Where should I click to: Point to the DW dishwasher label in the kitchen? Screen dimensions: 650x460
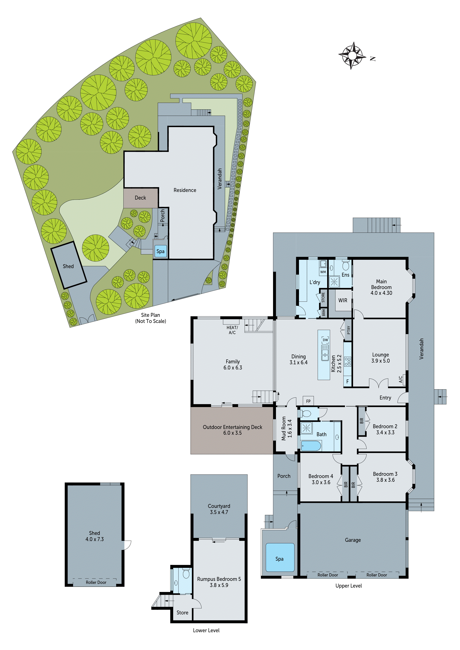tap(325, 340)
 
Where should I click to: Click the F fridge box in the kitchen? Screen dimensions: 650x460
tap(347, 381)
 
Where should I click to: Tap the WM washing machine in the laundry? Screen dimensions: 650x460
tap(323, 272)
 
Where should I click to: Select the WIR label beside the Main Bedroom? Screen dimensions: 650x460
tap(343, 300)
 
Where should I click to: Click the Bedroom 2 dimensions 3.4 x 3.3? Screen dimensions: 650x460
tap(385, 432)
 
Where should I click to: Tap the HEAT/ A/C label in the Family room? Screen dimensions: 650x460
tap(232, 330)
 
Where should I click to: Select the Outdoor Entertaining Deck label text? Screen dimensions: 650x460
tap(232, 427)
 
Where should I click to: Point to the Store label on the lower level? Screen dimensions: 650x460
tap(182, 612)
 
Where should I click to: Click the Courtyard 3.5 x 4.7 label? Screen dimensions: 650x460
tap(219, 509)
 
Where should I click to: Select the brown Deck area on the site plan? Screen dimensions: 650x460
tap(140, 198)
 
